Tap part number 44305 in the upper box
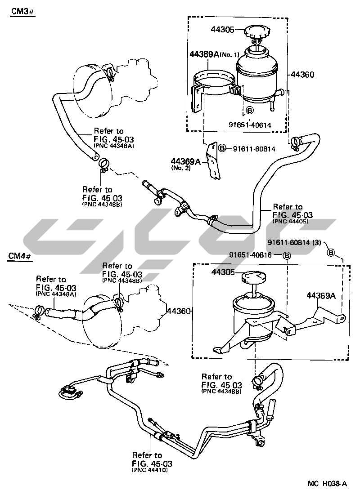223,30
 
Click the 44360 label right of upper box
302,74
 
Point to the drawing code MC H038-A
327,483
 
